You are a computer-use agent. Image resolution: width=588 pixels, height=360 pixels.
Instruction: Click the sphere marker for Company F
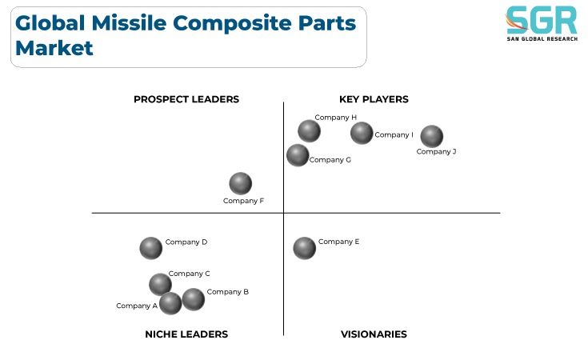point(240,184)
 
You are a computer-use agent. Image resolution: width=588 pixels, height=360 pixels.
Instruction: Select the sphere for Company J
point(432,137)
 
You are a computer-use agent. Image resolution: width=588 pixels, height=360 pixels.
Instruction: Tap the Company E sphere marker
point(304,248)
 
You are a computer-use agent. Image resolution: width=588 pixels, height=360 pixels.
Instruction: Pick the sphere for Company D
point(150,248)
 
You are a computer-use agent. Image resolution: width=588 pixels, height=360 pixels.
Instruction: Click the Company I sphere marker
point(362,133)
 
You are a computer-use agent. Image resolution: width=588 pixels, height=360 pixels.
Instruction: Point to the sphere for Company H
point(309,131)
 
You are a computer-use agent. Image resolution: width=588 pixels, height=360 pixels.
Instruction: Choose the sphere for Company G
point(298,155)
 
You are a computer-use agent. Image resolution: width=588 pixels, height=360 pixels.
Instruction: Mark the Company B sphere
point(193,300)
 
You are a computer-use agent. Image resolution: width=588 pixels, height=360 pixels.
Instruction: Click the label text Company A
point(137,306)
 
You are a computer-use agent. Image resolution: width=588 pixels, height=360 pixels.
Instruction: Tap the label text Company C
point(189,274)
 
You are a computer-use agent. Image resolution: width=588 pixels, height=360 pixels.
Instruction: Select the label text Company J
point(436,152)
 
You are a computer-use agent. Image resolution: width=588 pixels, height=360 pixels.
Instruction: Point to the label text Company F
point(243,201)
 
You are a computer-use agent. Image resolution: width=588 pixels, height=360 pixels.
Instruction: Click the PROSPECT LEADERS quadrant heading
point(186,99)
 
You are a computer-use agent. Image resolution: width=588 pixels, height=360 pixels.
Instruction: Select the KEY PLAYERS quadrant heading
point(374,99)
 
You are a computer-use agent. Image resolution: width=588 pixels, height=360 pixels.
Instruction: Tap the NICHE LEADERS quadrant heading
point(186,334)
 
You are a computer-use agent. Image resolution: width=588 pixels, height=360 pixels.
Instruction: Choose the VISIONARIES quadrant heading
point(374,334)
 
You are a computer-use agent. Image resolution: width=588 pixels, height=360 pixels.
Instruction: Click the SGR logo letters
point(542,20)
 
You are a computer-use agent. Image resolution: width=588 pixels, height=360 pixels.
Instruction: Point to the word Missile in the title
point(129,23)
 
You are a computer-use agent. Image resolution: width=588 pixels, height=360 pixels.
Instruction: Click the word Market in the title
point(54,48)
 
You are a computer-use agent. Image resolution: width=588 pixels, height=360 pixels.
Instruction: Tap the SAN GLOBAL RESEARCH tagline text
point(542,39)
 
